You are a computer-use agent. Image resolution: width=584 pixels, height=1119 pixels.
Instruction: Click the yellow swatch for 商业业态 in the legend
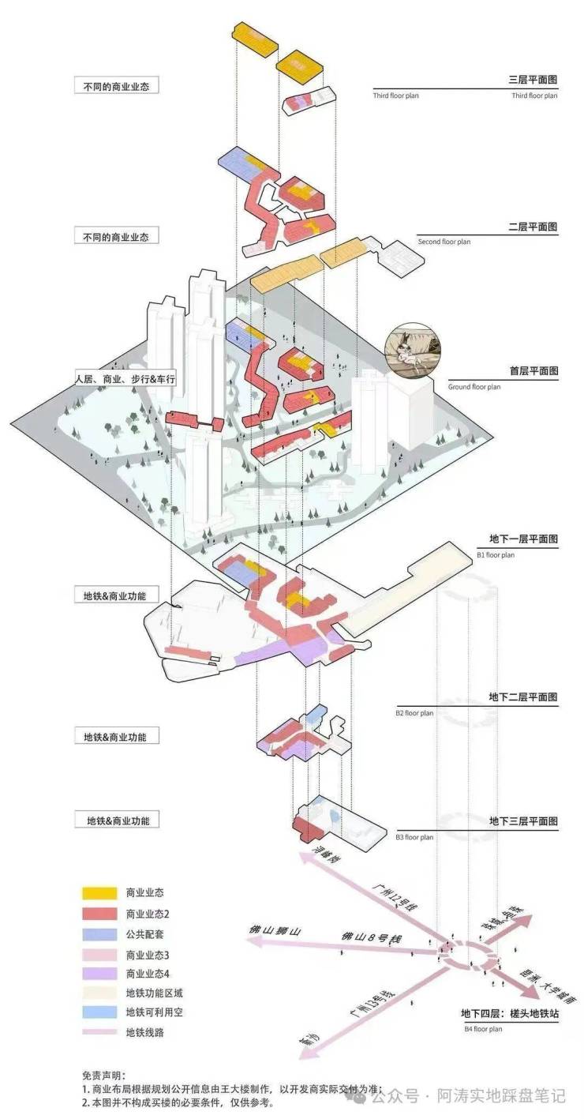coord(99,893)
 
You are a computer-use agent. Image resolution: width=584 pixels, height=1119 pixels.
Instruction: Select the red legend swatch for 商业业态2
coord(99,914)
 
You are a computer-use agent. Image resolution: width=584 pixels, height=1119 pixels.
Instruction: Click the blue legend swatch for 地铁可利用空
coord(99,1012)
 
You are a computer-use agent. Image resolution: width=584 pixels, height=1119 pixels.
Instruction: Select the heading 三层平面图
coord(533,81)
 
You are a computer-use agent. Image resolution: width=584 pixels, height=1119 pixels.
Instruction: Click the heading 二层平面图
coord(533,227)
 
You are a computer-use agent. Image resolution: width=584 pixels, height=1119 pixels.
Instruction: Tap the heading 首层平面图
coord(533,370)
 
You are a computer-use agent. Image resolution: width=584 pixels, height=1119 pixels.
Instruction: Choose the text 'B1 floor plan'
coord(496,555)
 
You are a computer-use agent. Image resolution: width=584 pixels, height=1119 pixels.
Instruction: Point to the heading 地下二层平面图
coord(523,697)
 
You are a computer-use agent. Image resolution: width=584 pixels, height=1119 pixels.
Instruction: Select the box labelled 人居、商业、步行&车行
coord(124,379)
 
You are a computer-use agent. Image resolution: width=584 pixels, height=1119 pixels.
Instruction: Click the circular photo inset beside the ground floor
coord(412,348)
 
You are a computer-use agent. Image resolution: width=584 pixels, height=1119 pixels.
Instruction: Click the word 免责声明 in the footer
coord(103,1076)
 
